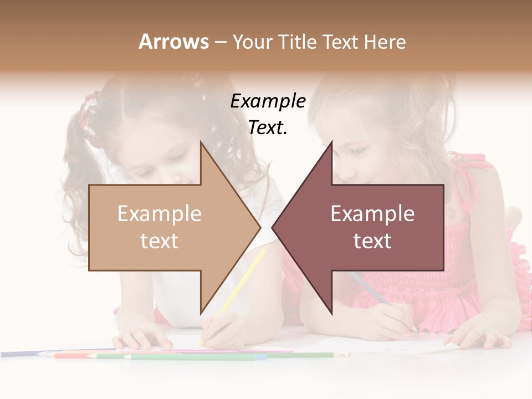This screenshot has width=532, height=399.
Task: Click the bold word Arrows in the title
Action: click(173, 42)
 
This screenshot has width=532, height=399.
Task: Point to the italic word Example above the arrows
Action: click(268, 101)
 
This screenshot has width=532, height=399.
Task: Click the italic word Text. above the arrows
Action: click(268, 128)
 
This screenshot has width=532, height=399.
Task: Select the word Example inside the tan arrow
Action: click(160, 214)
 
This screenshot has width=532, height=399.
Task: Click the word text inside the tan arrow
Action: click(160, 241)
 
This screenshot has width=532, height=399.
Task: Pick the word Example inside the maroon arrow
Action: click(372, 214)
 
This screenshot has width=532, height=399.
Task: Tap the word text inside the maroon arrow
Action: click(372, 241)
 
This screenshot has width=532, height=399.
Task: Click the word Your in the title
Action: click(253, 42)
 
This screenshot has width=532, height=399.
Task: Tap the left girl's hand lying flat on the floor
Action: click(139, 336)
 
